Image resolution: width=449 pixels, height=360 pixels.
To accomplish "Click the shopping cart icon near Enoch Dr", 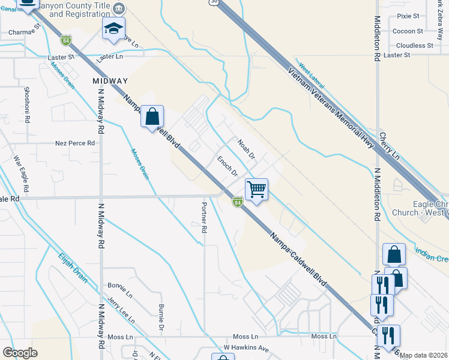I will coord(256,190).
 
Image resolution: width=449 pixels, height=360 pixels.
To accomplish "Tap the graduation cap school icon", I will coord(113,29).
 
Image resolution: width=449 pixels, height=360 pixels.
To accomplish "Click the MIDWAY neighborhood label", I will coord(110,80).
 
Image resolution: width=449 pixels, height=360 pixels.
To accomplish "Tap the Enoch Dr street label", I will coord(228,166).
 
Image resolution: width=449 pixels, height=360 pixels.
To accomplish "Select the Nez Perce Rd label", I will coord(75,143).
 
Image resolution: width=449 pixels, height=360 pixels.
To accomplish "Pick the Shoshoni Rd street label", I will coord(27,104).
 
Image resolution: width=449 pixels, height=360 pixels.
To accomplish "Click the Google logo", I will coord(20,353).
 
